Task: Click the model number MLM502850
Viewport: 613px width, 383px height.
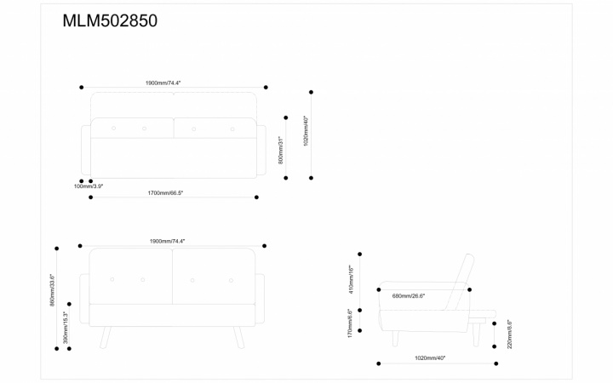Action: click(x=110, y=21)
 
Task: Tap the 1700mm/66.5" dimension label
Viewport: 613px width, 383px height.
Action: click(x=165, y=193)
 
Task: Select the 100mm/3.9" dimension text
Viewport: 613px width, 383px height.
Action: click(x=89, y=186)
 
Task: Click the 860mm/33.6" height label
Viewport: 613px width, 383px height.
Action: click(x=53, y=290)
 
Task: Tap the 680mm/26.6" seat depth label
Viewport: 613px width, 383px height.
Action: click(x=409, y=296)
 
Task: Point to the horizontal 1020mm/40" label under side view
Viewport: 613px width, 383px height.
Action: click(x=430, y=358)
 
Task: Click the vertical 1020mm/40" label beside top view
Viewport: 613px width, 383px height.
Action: click(x=306, y=131)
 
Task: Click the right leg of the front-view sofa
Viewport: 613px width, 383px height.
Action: click(x=240, y=338)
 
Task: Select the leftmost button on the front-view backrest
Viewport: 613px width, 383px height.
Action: click(x=113, y=280)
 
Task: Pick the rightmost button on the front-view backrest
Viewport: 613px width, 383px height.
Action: click(x=230, y=280)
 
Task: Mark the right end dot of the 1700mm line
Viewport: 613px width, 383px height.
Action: click(x=256, y=197)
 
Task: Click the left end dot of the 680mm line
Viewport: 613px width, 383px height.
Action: click(x=379, y=289)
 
